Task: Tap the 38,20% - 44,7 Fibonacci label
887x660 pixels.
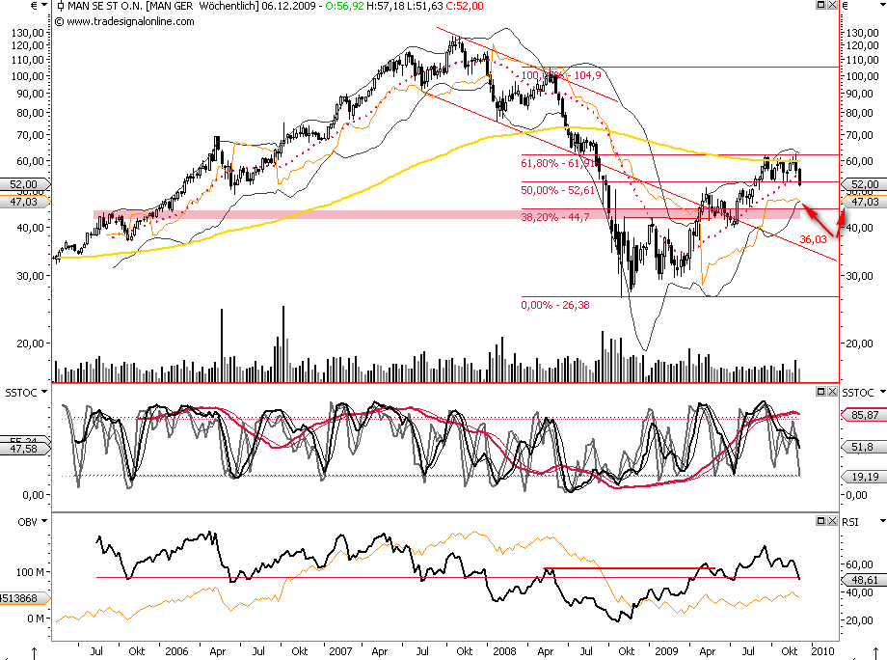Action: pyautogui.click(x=554, y=218)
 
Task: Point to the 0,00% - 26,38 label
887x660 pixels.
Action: pyautogui.click(x=554, y=305)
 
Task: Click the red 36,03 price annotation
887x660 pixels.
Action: pyautogui.click(x=814, y=238)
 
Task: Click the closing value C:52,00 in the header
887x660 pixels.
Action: pyautogui.click(x=464, y=6)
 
